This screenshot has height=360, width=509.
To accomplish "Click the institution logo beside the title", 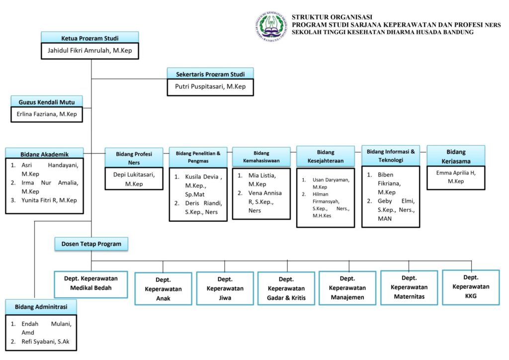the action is point(270,26).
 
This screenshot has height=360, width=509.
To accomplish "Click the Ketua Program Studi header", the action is point(89,38).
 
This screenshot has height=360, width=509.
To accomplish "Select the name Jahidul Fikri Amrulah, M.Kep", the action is point(89,51).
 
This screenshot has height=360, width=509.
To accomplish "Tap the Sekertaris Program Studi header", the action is point(210,74).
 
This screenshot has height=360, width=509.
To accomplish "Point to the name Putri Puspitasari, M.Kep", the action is point(210,87).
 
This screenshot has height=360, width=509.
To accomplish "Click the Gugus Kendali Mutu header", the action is point(47,101).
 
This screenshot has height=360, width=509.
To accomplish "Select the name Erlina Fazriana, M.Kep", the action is point(47,114).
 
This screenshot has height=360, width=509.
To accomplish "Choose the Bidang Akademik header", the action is point(44,154).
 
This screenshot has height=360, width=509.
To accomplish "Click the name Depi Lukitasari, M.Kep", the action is point(134,179).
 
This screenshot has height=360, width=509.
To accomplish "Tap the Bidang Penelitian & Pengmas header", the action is point(198,157).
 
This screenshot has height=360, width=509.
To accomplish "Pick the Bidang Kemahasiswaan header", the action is point(261,157).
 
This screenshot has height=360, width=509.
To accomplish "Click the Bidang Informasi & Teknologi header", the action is point(390,156).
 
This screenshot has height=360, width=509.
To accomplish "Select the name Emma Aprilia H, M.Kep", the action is point(456,177).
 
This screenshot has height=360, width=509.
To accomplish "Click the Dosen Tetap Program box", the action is point(91,244).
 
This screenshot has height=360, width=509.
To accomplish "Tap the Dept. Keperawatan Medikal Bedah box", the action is point(91,283).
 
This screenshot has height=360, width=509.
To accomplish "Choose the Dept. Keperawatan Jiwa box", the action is point(225,288).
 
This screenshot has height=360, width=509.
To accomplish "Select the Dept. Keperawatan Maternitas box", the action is point(409,287).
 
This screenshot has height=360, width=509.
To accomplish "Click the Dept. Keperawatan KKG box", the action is point(470,286).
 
